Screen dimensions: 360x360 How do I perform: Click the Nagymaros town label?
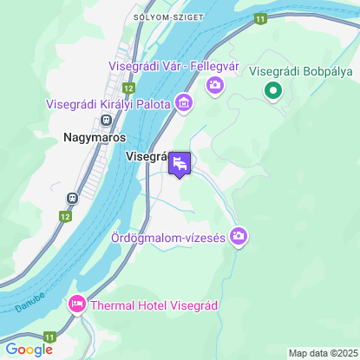95,137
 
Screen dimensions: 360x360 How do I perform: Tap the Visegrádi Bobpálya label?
300,71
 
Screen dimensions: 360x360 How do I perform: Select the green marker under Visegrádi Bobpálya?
272,89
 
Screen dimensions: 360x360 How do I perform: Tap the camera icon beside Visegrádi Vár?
214,85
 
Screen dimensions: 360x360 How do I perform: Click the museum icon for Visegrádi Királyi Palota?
183,104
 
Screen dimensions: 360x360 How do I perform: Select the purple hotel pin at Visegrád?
180,163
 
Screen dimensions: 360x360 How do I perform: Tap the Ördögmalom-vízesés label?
168,237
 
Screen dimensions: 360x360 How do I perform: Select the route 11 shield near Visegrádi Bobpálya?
260,17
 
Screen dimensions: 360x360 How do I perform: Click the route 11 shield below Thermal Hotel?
49,336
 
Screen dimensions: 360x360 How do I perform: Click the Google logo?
29,349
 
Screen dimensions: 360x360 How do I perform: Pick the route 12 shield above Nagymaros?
128,88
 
